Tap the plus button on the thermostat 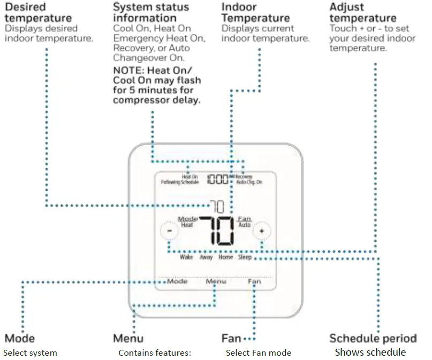pyautogui.click(x=262, y=231)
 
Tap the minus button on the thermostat pyautogui.click(x=169, y=231)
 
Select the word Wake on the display pyautogui.click(x=186, y=257)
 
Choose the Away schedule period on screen pyautogui.click(x=206, y=257)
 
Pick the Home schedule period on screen pyautogui.click(x=225, y=257)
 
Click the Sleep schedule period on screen pyautogui.click(x=245, y=257)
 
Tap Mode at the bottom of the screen pyautogui.click(x=177, y=281)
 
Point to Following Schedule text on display pyautogui.click(x=180, y=182)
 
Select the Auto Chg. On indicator pyautogui.click(x=249, y=182)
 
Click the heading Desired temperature pyautogui.click(x=37, y=13)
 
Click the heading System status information pyautogui.click(x=151, y=13)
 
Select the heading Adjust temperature pyautogui.click(x=363, y=13)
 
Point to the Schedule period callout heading pyautogui.click(x=373, y=339)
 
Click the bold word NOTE pyautogui.click(x=128, y=71)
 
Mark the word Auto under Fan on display pyautogui.click(x=244, y=226)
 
